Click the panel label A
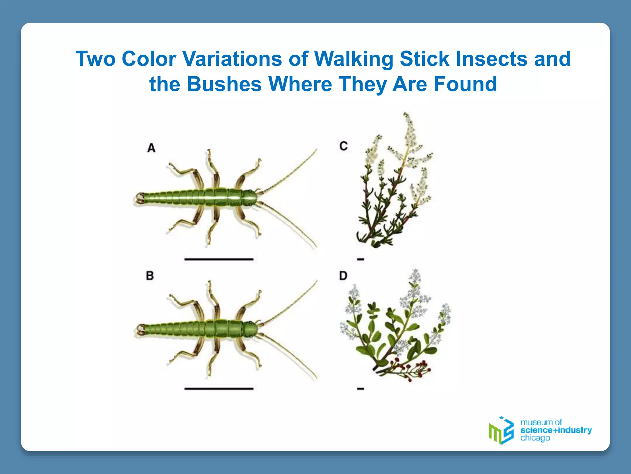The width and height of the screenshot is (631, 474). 151,148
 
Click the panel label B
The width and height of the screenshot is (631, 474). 150,276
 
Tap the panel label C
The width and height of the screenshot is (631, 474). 344,146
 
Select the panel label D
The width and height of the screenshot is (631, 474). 343,276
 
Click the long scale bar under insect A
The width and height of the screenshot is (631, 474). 219,259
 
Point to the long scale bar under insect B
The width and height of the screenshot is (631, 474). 219,389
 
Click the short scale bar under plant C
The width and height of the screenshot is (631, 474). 360,260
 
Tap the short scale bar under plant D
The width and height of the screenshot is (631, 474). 360,389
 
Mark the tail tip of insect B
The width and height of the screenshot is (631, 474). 139,330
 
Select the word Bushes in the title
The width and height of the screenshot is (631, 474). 224,84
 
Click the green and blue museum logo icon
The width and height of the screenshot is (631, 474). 501,430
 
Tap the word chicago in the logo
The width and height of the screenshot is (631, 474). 535,438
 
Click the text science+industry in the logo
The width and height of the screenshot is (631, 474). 556,430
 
